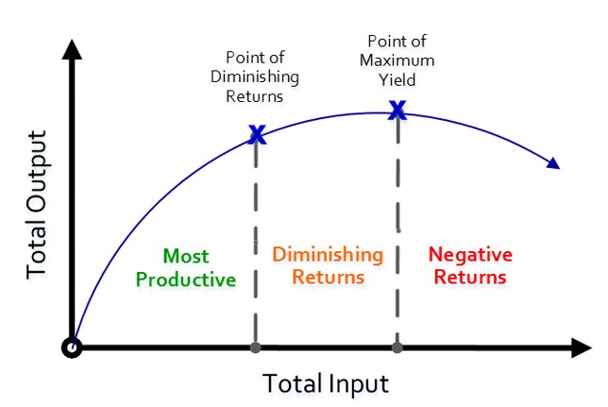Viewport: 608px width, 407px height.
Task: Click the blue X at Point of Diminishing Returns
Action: pos(256,134)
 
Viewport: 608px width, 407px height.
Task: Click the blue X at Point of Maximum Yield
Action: pos(397,111)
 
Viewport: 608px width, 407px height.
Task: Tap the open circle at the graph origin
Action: pos(72,347)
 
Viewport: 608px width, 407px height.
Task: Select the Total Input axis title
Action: pos(325,383)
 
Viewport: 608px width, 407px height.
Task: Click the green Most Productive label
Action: pos(185,267)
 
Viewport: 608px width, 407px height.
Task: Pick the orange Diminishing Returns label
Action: pos(328,265)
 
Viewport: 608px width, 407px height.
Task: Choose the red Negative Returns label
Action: pos(469,265)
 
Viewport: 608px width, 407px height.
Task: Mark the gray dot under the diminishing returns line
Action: pos(255,347)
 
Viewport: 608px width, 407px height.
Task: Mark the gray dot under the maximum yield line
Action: pos(397,347)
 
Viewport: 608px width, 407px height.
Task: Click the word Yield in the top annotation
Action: pos(397,80)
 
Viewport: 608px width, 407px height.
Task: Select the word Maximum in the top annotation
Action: pos(397,60)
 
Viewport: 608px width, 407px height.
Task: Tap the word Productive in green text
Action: pos(185,279)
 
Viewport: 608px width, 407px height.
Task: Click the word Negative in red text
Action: pos(469,254)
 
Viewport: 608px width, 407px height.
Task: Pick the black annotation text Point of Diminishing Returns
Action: pos(256,76)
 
